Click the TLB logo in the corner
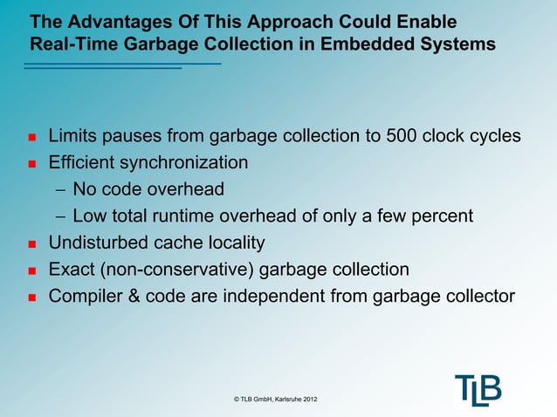(x=478, y=389)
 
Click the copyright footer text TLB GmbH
(x=276, y=400)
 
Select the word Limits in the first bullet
(x=72, y=137)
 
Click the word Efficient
(x=83, y=163)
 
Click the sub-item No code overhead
(x=148, y=189)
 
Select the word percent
(x=440, y=215)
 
